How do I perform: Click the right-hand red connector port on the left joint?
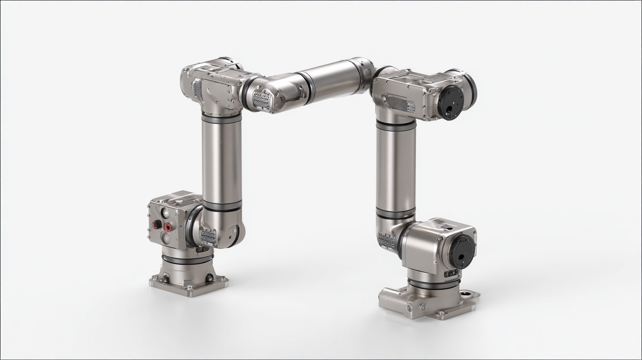168,227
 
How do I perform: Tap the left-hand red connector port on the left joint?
156,224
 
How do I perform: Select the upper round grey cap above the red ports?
165,213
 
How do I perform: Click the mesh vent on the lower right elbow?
386,240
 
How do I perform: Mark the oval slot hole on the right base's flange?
467,294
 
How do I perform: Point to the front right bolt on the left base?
209,278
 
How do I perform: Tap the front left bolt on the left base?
164,278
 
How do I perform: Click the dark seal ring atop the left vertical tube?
222,119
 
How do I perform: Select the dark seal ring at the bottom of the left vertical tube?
222,206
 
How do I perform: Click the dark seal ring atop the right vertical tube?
396,125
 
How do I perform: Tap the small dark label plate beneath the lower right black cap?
451,274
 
